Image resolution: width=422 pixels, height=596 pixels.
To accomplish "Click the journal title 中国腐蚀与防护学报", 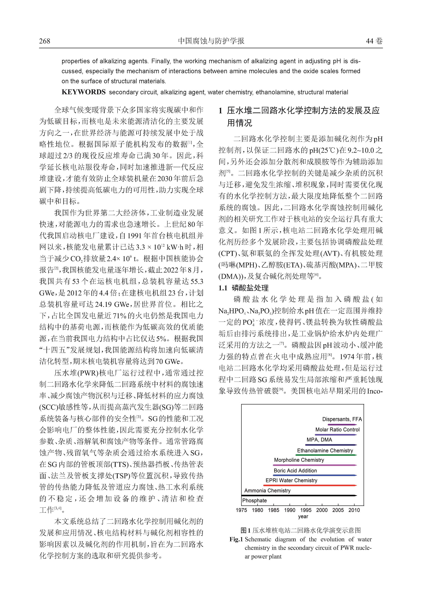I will click(211, 41).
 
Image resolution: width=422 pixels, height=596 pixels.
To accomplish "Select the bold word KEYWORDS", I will click(83, 92).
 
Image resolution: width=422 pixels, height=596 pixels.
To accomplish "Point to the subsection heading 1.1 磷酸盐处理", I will click(243, 288).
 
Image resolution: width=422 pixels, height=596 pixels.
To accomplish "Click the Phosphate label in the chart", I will click(254, 500).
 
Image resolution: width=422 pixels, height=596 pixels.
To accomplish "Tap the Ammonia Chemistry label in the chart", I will click(267, 490).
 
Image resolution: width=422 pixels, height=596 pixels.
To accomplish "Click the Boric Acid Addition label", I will click(295, 470).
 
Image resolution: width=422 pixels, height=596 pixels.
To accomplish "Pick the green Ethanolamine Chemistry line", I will click(326, 455).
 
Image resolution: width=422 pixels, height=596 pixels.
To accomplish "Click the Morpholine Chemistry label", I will click(299, 460).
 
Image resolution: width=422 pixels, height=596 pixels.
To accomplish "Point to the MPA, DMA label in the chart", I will click(319, 440).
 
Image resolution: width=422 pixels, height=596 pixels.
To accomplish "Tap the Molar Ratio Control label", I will click(337, 429).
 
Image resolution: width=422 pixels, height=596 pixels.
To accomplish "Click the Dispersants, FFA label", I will click(342, 419).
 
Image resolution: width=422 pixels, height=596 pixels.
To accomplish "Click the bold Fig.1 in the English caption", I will click(236, 539).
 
